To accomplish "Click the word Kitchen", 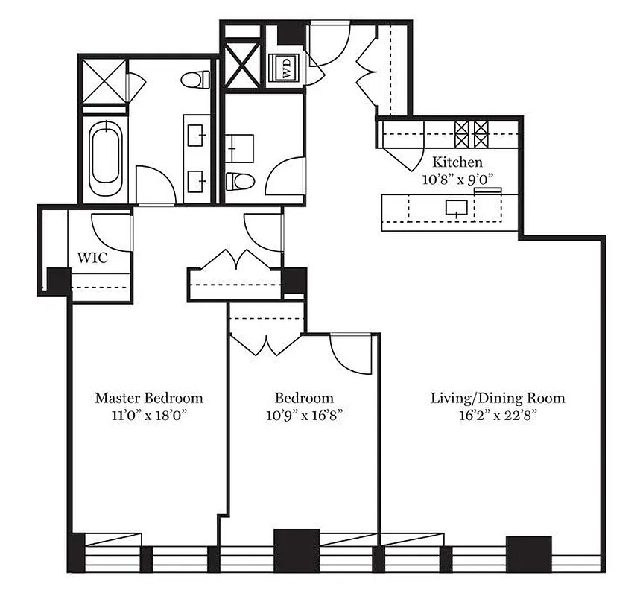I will [457, 162].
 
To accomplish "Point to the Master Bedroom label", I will [148, 398].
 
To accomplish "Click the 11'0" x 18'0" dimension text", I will [148, 415].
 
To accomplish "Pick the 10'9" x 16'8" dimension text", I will [303, 415].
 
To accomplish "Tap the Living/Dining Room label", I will [497, 398].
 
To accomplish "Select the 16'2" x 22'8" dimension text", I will [497, 415].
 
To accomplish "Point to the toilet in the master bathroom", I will [196, 79].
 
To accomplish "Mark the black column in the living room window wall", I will [528, 552].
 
